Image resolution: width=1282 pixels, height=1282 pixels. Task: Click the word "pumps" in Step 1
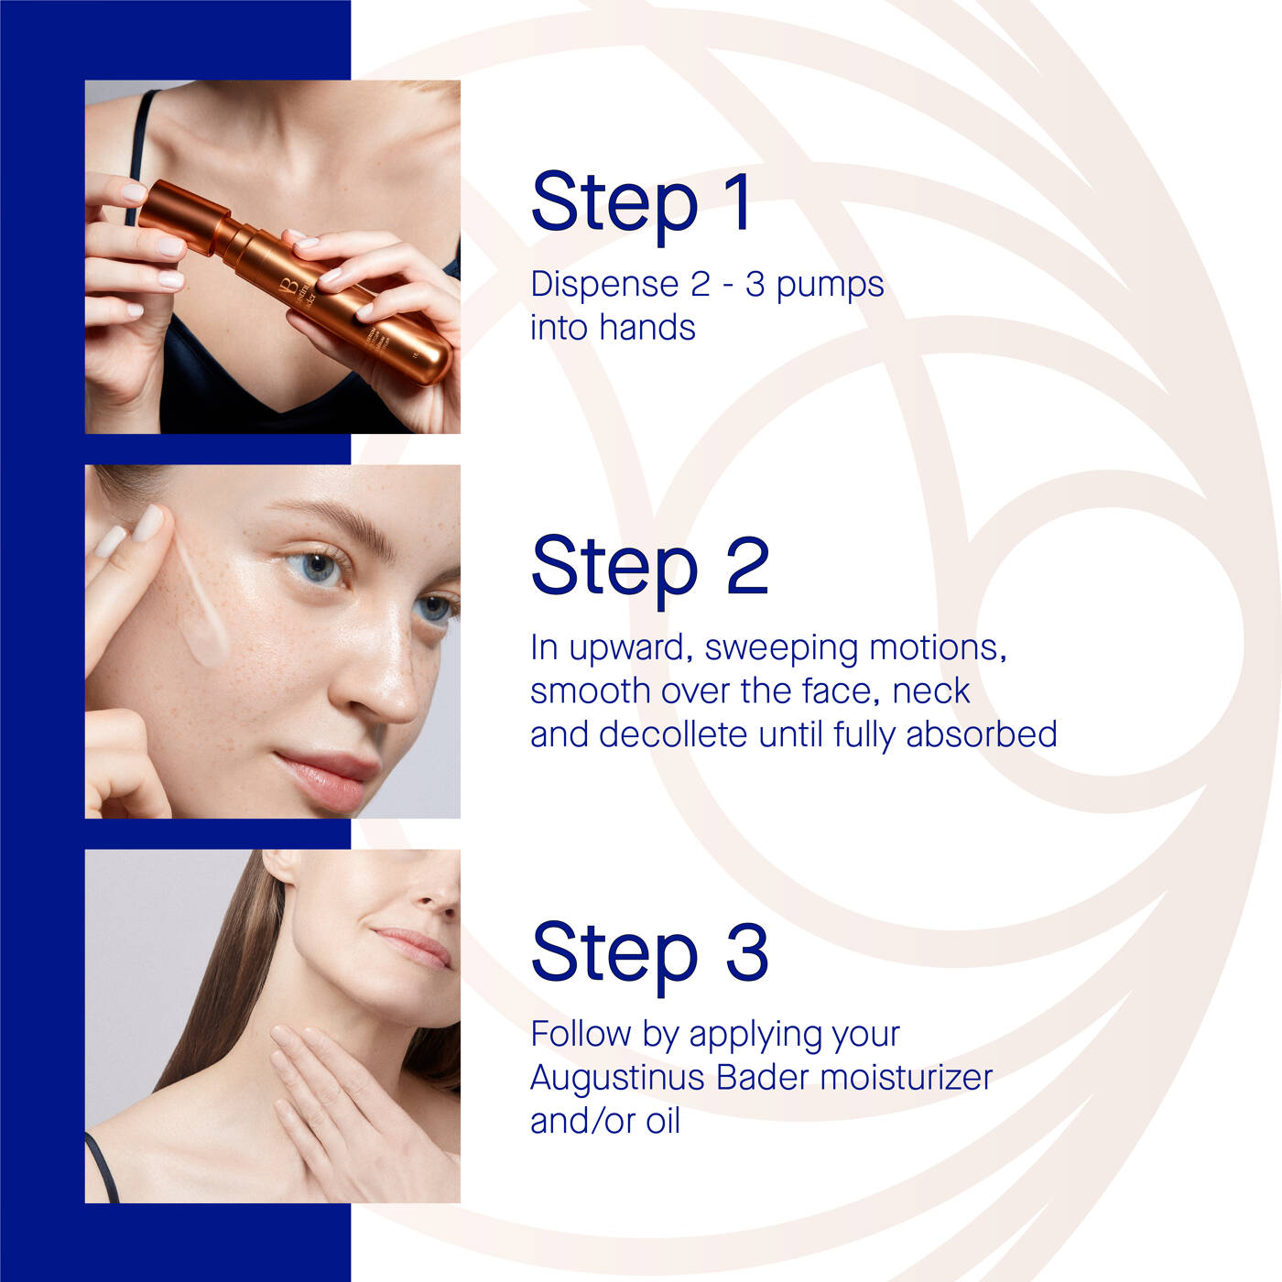point(830,286)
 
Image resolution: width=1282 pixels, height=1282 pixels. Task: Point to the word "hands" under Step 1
point(646,327)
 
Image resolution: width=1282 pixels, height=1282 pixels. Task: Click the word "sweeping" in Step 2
point(780,648)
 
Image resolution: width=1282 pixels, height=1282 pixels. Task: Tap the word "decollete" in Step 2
point(673,734)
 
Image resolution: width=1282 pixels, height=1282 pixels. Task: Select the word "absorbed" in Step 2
point(982,734)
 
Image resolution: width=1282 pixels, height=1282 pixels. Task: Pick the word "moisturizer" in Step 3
point(907,1077)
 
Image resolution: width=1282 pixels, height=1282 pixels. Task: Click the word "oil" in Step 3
point(663,1121)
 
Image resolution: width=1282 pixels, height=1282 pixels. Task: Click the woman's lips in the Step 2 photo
point(327,778)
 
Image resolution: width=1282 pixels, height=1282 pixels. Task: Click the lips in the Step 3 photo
point(415,947)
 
